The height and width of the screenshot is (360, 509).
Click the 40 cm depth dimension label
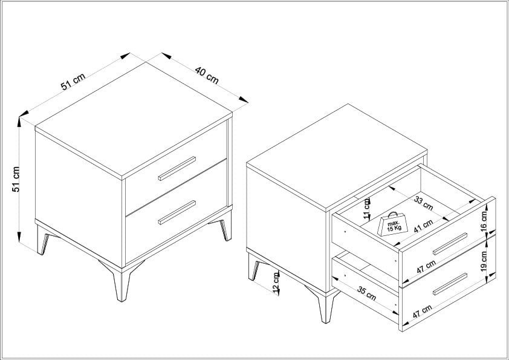coord(207,75)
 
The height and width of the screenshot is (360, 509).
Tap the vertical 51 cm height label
coord(16,179)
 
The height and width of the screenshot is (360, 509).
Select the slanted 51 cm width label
coord(73,81)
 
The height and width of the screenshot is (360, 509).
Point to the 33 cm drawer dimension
coord(424,203)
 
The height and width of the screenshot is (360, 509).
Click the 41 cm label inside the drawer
coord(423,226)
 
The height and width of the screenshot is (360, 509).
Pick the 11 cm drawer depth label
coord(367,209)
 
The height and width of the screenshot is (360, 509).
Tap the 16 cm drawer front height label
coord(484,221)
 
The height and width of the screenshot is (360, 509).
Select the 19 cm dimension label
coord(484,261)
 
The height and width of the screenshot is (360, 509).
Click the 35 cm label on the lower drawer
coord(366,293)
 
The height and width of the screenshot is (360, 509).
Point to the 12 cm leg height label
coord(276,283)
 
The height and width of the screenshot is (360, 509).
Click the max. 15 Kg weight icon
coord(392,224)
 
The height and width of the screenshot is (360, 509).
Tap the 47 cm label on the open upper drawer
coord(426,267)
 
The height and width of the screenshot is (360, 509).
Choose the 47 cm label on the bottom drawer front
coord(422,312)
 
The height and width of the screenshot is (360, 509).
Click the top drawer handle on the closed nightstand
coord(177,169)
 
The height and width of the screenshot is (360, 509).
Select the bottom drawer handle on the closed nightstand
coord(177,213)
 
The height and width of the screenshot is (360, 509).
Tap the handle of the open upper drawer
coord(450,244)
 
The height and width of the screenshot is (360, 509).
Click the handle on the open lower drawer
coord(450,284)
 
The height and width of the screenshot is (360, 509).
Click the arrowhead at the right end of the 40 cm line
coord(244,99)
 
